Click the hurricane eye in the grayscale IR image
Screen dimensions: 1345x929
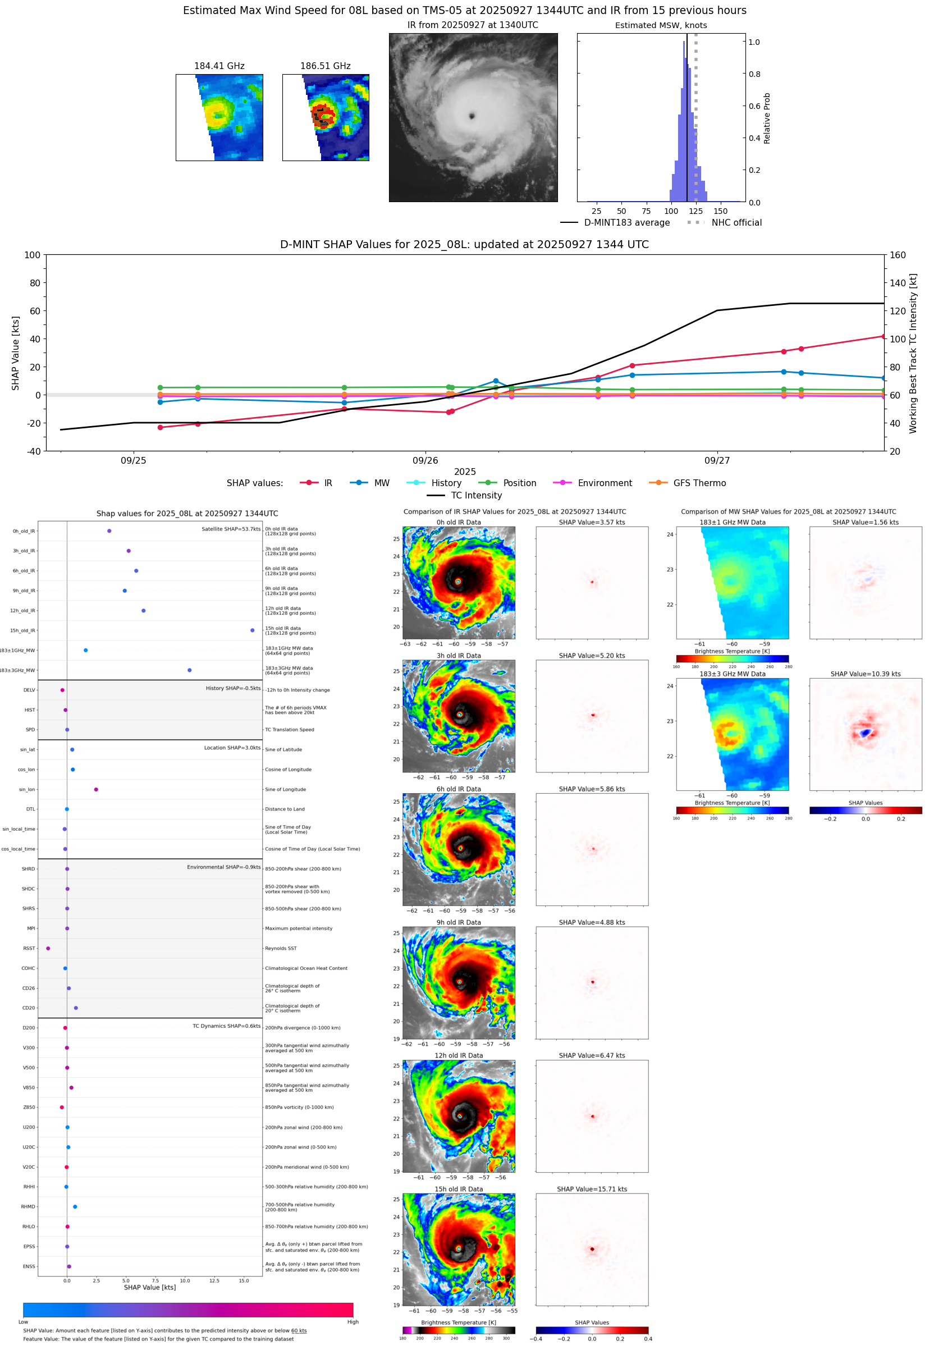[x=472, y=116]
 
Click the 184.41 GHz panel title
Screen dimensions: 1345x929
[x=219, y=66]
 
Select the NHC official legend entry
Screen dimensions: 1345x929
[x=736, y=223]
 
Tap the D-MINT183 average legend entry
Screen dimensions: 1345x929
[x=626, y=223]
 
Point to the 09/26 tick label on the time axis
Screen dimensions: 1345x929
[x=425, y=460]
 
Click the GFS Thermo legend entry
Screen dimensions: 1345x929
[x=699, y=483]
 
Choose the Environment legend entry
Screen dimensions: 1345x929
[x=604, y=483]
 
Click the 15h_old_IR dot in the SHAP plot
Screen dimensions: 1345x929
[x=252, y=630]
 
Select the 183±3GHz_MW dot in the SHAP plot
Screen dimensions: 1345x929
[x=189, y=670]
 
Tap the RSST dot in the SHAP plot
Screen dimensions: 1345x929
[x=48, y=948]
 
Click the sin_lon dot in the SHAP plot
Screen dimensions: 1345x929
[x=96, y=789]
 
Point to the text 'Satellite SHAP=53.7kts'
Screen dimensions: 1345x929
[x=231, y=529]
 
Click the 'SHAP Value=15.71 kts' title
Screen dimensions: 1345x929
[x=592, y=1189]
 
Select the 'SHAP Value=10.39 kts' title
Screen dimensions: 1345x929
[x=865, y=674]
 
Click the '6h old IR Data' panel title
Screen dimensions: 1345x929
[x=459, y=789]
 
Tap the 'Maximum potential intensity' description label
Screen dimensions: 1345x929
[x=299, y=928]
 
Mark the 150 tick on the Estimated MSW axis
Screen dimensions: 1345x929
[x=721, y=211]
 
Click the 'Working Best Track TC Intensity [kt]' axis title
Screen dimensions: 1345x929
[x=913, y=353]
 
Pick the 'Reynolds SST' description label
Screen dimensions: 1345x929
[x=281, y=948]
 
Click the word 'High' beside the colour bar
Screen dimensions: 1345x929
[x=353, y=1322]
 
